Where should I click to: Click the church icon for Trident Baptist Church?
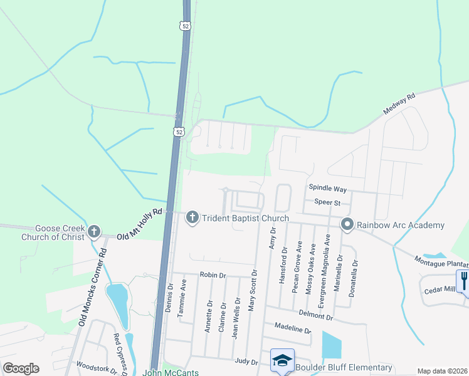[x=192, y=217]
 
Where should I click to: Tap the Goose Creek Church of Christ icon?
[x=94, y=231]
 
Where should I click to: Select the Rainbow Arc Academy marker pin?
[x=347, y=224]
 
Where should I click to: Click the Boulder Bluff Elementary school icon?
[x=282, y=361]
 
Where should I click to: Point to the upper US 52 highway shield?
[x=183, y=26]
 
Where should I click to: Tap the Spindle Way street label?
[x=327, y=188]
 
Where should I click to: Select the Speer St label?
[x=327, y=202]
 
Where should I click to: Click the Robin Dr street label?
[x=212, y=274]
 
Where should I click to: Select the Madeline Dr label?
[x=293, y=328]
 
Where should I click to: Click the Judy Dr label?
[x=246, y=362]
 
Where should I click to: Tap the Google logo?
[x=21, y=368]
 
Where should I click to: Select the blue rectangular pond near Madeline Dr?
[x=332, y=345]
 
